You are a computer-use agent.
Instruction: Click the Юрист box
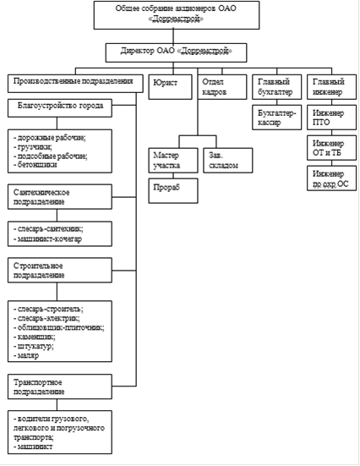(x=170, y=87)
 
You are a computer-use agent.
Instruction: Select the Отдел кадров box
(x=222, y=87)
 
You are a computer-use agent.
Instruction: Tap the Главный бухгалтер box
(x=277, y=87)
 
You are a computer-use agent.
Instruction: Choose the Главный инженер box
(x=331, y=87)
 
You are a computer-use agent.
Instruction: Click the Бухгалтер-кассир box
(x=277, y=118)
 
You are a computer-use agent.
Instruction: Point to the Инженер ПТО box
(x=331, y=118)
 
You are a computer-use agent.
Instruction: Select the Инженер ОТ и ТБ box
(x=331, y=148)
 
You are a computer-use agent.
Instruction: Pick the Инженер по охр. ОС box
(x=331, y=178)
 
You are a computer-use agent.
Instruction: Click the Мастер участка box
(x=173, y=160)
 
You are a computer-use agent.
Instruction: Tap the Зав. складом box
(x=228, y=160)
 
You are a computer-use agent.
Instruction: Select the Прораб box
(x=173, y=191)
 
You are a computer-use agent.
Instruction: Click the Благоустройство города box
(x=60, y=108)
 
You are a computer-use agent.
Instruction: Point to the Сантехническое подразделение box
(x=60, y=197)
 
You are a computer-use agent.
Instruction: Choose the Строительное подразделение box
(x=60, y=270)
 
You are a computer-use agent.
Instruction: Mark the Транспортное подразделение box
(x=60, y=387)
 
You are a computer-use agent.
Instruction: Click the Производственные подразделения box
(x=75, y=84)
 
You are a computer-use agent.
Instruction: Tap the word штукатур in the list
(x=35, y=347)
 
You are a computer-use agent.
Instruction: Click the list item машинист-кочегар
(x=47, y=239)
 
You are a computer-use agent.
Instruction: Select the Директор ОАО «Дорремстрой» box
(x=176, y=52)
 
